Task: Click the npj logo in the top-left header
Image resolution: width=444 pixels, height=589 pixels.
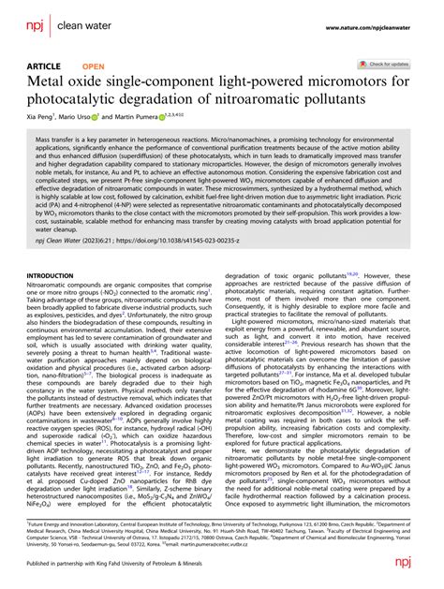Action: click(34, 17)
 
